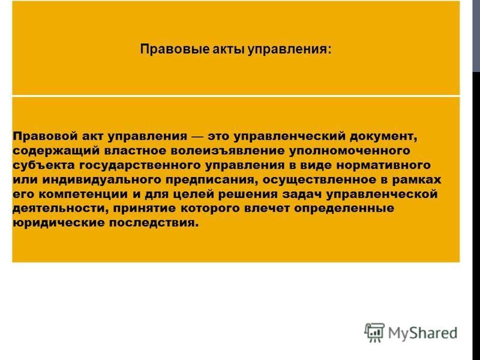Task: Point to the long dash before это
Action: [x=197, y=137]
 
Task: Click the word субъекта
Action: [x=44, y=165]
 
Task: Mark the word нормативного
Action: [x=383, y=166]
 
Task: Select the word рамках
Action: [x=416, y=179]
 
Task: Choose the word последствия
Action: [x=154, y=223]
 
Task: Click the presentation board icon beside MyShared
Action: [x=374, y=332]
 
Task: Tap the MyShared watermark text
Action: [x=422, y=333]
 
